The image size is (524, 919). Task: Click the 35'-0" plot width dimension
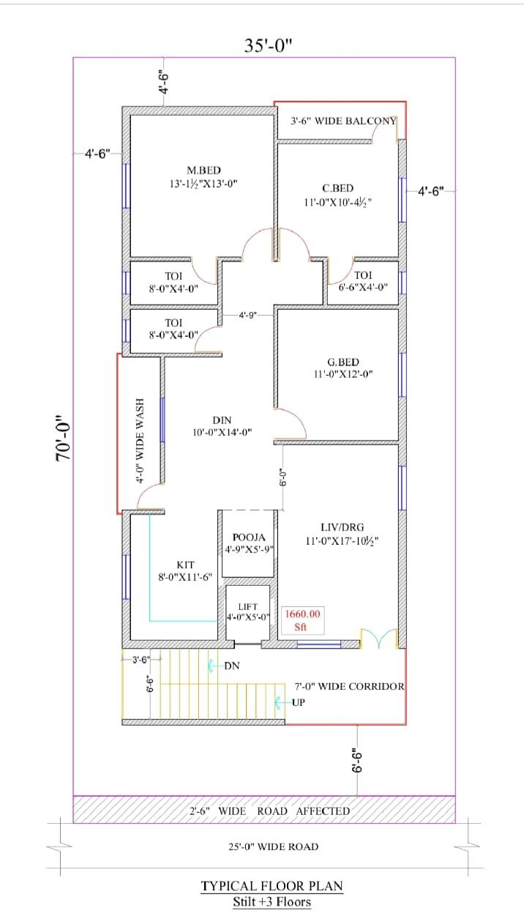point(268,45)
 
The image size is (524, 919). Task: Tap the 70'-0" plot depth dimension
point(64,438)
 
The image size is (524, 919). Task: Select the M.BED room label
point(203,170)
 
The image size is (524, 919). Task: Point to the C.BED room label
point(338,188)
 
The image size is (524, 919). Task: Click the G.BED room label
point(343,362)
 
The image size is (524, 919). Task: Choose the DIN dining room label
point(222,420)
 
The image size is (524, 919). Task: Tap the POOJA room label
point(249,537)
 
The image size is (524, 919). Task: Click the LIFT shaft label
point(248,606)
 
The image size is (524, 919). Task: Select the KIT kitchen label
point(185,565)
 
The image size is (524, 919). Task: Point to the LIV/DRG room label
point(343,527)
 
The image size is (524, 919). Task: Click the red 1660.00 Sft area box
point(302,620)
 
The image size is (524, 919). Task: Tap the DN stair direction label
point(232,666)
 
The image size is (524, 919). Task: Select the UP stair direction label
point(298,702)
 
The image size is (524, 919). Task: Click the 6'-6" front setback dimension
point(357,761)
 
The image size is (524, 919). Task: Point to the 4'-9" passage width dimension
point(247,315)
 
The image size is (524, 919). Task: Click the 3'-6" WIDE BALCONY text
point(343,121)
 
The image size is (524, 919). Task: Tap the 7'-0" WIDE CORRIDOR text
point(349,686)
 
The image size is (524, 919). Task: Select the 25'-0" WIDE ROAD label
point(273,847)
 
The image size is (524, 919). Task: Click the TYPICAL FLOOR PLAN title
point(272,886)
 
